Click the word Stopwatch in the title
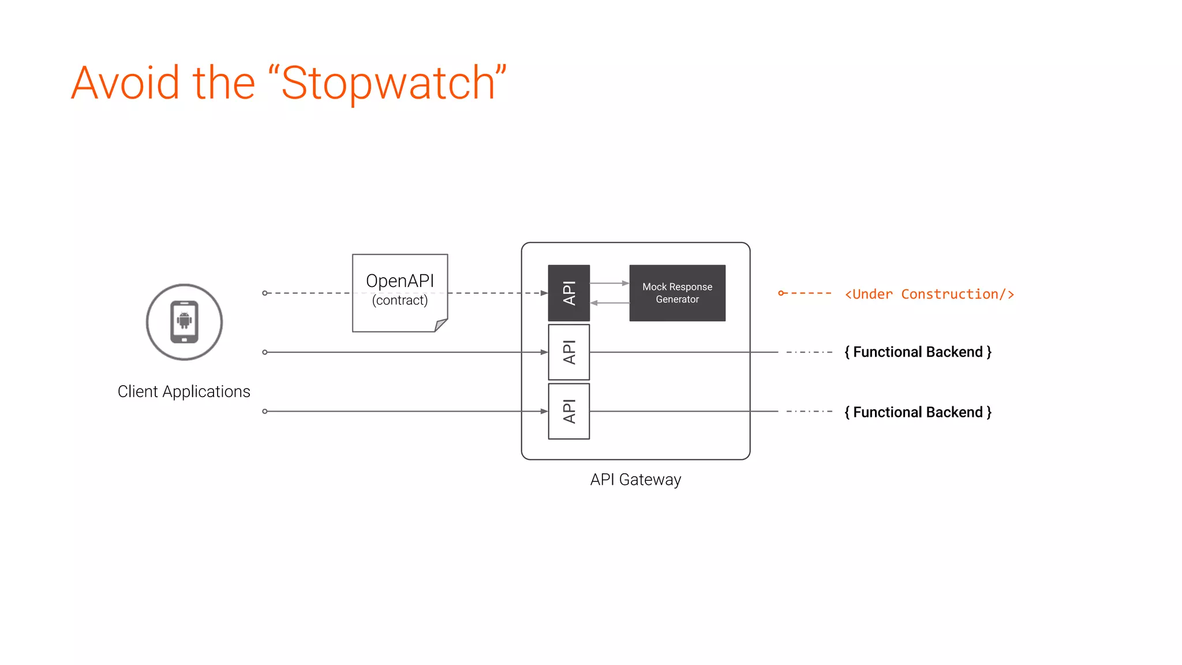(x=388, y=84)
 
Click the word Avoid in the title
(x=125, y=84)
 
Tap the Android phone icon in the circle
(x=184, y=322)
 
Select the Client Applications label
(x=184, y=391)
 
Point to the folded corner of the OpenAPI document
(x=441, y=325)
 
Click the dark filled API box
(x=568, y=293)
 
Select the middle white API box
(x=568, y=352)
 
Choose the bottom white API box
(x=568, y=411)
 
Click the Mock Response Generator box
(x=677, y=293)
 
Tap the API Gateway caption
(x=635, y=480)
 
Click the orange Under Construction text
(x=929, y=294)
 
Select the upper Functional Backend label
(x=918, y=352)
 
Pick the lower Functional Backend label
(x=918, y=412)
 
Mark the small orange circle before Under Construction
(x=781, y=293)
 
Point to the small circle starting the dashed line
(x=265, y=293)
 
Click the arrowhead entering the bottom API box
(x=544, y=411)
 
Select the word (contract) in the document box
(x=400, y=301)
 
